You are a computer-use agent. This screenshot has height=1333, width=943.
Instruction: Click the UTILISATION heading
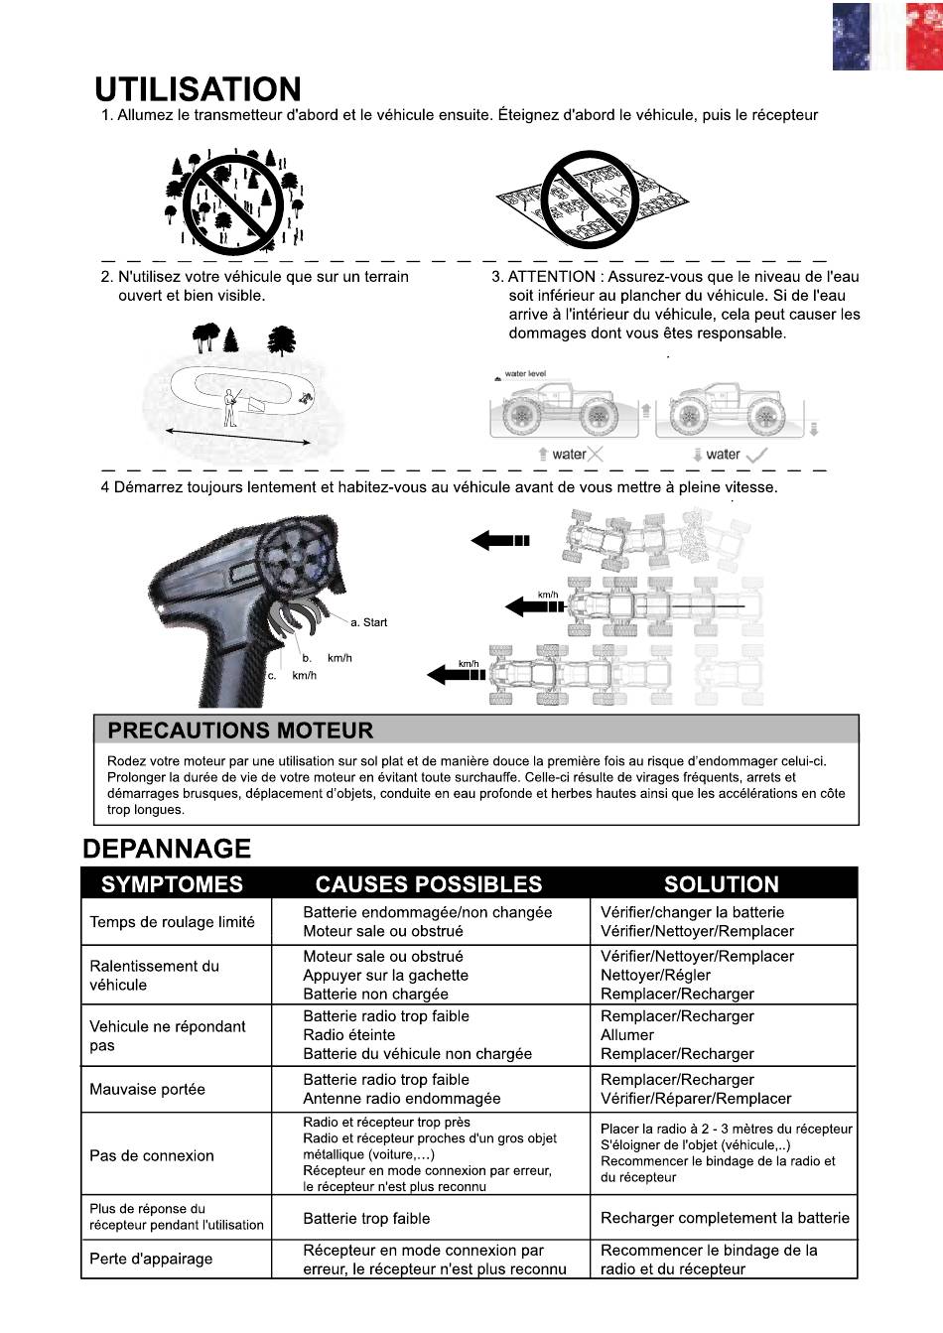[199, 89]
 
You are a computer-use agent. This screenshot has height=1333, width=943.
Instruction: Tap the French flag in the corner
[887, 37]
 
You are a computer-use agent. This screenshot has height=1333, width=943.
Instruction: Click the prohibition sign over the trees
[232, 202]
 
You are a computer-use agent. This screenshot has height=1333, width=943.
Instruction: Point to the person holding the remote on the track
[231, 408]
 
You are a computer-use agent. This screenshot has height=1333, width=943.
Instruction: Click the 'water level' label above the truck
[525, 374]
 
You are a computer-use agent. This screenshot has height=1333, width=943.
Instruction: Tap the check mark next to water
[756, 456]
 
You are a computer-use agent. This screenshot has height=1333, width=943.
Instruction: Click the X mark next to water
[595, 455]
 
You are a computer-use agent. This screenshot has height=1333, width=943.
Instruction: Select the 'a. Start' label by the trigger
[368, 622]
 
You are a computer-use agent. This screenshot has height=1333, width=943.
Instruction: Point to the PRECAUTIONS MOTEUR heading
[240, 731]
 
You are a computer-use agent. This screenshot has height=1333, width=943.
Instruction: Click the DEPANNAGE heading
[167, 849]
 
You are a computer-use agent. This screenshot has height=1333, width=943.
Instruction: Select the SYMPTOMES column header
[172, 884]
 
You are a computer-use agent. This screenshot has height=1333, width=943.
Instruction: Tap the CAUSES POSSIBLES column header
[429, 884]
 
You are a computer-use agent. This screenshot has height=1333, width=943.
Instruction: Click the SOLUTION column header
[721, 884]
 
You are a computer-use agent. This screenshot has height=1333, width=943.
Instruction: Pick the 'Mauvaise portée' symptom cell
[148, 1089]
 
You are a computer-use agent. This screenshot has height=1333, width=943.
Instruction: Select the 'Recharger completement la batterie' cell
[725, 1218]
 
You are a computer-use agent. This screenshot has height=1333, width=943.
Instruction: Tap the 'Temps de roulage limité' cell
[172, 922]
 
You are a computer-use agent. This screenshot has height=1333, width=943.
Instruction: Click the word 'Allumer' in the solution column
[627, 1035]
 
